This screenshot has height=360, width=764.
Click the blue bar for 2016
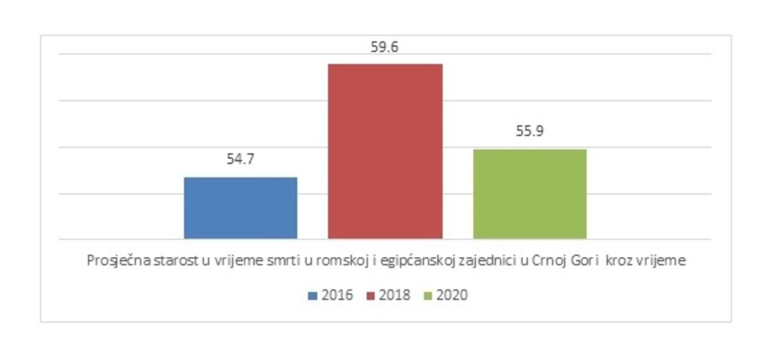coord(241,208)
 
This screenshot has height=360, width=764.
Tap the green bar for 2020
coord(529,194)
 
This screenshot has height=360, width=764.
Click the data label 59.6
coord(385,47)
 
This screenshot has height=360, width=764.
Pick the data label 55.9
coord(529,131)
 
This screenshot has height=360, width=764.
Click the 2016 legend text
coord(338,295)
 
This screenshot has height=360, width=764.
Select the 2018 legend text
coord(396,295)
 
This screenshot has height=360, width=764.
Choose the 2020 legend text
coord(452,295)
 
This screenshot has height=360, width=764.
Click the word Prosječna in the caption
coord(112,261)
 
